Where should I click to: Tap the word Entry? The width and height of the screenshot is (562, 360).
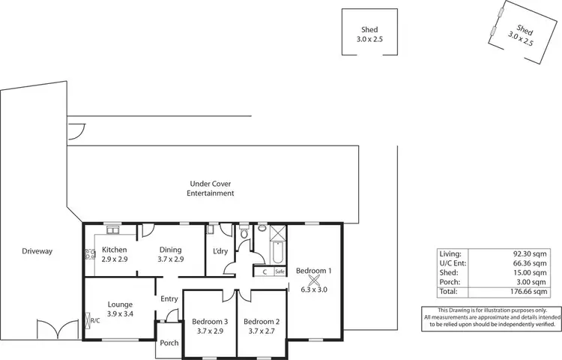[x=169, y=299]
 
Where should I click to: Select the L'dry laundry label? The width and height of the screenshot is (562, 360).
[x=220, y=251]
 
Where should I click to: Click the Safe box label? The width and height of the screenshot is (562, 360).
[x=280, y=271]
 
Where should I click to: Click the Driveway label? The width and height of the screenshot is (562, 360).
[x=37, y=251]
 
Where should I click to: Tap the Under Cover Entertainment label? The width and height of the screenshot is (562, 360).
[x=211, y=187]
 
